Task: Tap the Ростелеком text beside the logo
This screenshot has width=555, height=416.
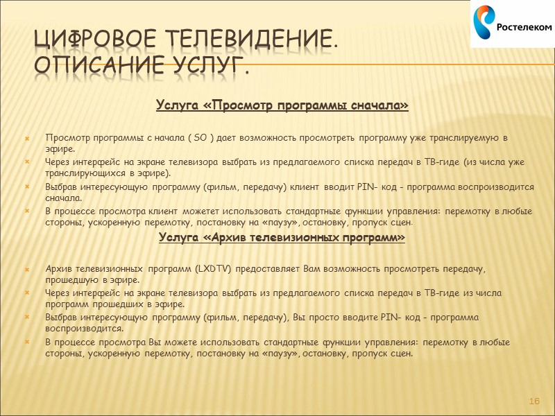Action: [523, 27]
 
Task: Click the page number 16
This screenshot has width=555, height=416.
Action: [534, 402]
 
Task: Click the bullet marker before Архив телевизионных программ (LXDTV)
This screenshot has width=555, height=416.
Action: [28, 269]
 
